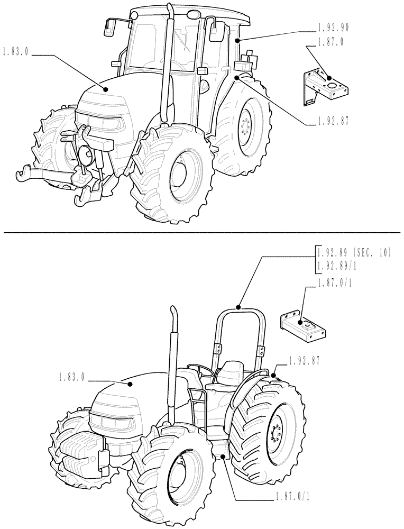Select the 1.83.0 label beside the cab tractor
[x=15, y=52]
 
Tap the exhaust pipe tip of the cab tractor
[x=170, y=10]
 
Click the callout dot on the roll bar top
[x=239, y=307]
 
